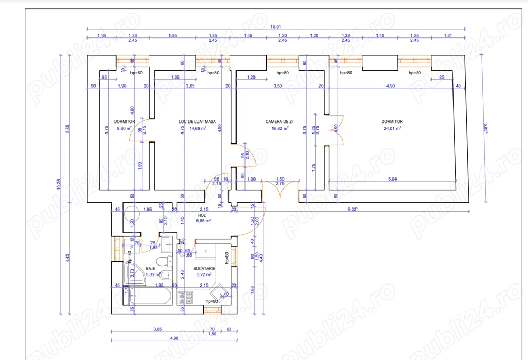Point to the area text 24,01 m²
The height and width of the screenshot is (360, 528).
392,128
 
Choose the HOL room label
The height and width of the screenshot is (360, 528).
202,215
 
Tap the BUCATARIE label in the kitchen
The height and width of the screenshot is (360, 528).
204,268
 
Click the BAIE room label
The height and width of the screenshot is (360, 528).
150,268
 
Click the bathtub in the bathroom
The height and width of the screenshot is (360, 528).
150,296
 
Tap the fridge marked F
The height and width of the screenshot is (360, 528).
206,251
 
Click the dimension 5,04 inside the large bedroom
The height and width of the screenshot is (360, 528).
392,179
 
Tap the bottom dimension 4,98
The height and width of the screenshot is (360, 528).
174,338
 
